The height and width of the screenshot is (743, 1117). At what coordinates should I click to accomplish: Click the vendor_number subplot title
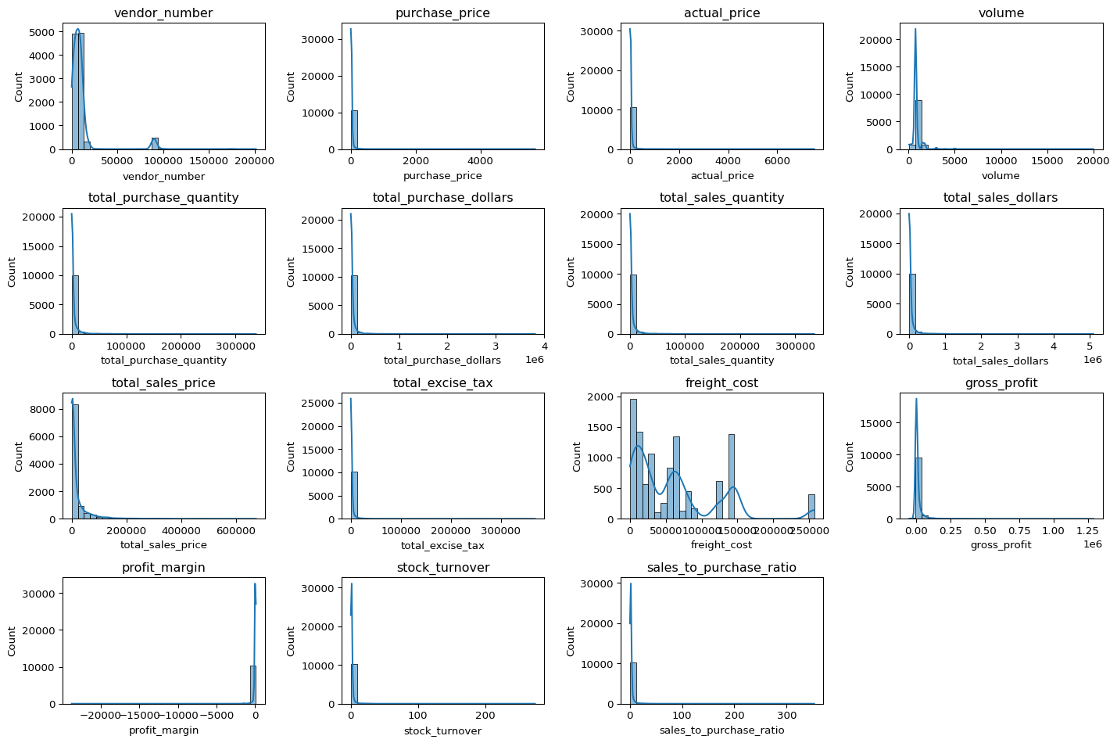point(163,13)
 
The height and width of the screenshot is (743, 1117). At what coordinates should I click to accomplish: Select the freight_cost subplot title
point(721,383)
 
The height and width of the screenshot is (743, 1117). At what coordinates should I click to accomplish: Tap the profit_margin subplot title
point(163,568)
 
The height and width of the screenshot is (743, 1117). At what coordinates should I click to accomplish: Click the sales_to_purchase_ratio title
point(721,568)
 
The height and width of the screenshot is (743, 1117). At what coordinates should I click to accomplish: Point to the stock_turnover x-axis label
point(442,731)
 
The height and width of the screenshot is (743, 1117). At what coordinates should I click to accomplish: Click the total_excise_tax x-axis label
point(442,546)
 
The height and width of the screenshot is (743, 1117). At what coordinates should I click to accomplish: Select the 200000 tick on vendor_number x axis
point(256,160)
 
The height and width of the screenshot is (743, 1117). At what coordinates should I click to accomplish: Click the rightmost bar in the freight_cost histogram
point(811,507)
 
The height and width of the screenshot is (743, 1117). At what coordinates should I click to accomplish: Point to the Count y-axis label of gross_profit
point(850,456)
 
